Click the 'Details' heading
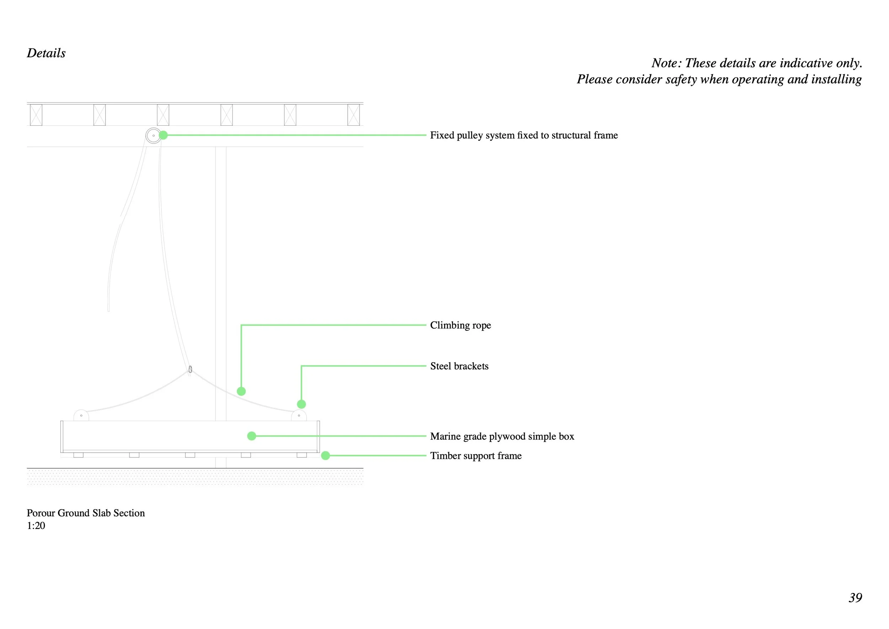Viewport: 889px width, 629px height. click(46, 53)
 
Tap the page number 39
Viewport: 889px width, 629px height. click(855, 598)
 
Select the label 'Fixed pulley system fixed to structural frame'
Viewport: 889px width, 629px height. click(523, 135)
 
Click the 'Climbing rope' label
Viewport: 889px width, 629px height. click(460, 325)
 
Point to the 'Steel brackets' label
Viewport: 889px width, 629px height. click(459, 366)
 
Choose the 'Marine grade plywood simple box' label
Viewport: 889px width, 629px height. click(502, 436)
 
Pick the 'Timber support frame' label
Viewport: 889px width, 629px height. click(475, 456)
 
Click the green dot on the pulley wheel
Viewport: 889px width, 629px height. click(163, 135)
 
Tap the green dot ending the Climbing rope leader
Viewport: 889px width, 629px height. click(241, 392)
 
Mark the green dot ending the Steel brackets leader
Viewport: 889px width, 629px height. click(301, 404)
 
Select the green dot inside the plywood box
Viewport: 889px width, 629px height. click(252, 436)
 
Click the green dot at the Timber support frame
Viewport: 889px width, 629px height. click(326, 456)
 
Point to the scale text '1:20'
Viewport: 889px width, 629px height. click(36, 526)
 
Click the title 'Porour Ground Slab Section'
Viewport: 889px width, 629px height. click(86, 513)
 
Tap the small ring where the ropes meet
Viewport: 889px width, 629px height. click(190, 369)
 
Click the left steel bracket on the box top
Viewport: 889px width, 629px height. click(81, 415)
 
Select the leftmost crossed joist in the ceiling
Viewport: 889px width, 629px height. click(36, 115)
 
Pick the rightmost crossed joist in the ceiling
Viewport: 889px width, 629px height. click(353, 115)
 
